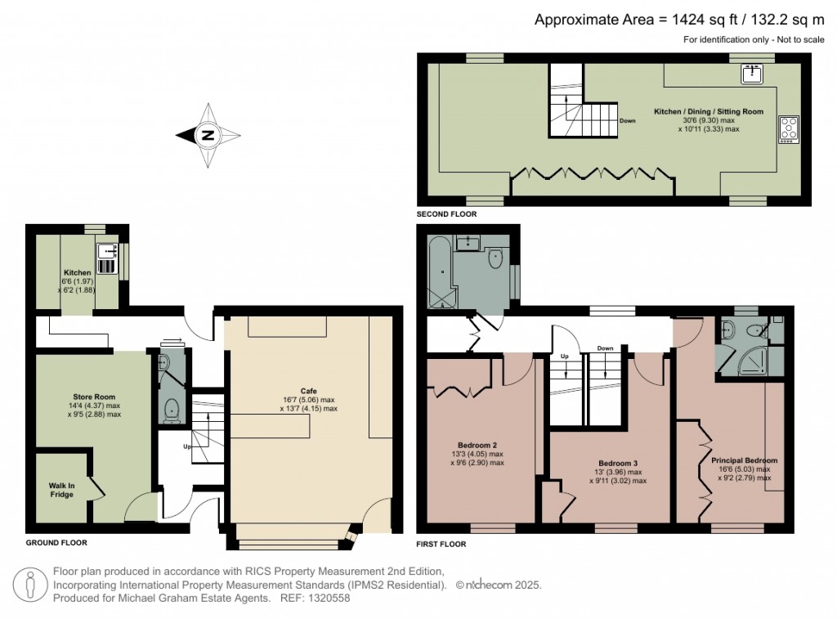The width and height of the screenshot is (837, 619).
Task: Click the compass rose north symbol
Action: point(208,136)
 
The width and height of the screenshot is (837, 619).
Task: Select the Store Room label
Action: point(94,397)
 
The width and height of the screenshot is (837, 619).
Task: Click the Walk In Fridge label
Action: point(62,490)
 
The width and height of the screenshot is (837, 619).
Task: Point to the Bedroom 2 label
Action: point(477,445)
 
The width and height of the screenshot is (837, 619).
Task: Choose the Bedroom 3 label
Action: point(618,463)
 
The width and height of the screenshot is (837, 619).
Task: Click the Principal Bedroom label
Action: point(744,460)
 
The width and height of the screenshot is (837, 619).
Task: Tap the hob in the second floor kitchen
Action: point(789,130)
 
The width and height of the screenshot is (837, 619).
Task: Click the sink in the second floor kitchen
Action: point(753,74)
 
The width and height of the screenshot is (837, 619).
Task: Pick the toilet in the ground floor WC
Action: point(172,410)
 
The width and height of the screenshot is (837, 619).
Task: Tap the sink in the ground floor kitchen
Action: point(107,258)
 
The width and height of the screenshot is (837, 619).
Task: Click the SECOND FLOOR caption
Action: point(446,214)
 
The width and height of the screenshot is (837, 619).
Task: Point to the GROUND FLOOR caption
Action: point(56,543)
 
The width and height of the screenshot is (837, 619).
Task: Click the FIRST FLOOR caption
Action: point(441,545)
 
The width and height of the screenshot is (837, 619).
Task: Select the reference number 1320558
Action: point(329,599)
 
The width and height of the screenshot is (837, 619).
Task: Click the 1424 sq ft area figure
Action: point(704,20)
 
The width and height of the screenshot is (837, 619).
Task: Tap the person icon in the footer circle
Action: point(30,585)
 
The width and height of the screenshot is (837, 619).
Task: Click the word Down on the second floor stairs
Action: point(627,121)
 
